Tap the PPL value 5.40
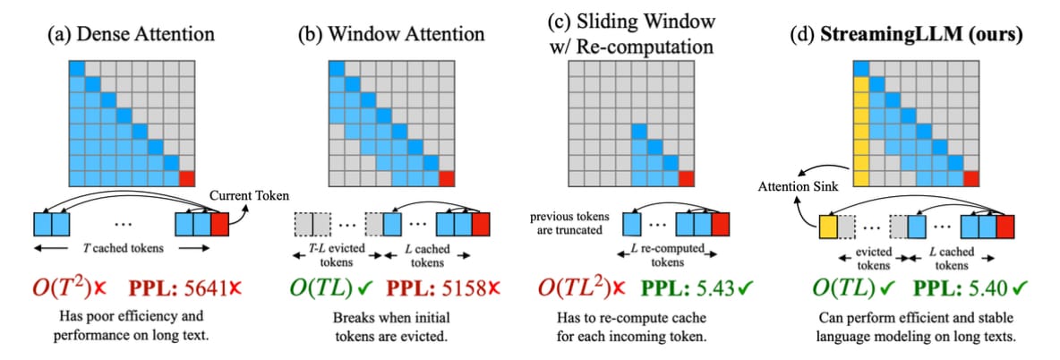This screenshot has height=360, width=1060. pyautogui.click(x=979, y=290)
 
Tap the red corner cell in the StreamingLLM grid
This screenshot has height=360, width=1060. pyautogui.click(x=970, y=176)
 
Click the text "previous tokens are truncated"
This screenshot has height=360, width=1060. pyautogui.click(x=568, y=224)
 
